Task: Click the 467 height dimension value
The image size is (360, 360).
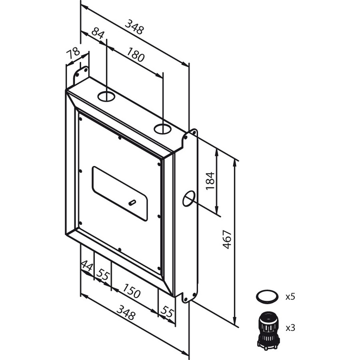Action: pos(227,239)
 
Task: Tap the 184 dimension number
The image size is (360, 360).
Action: pos(210,181)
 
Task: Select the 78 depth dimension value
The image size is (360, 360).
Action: pos(73,54)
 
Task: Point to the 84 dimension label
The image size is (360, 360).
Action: pos(98,33)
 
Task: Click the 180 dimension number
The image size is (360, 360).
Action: pos(136,55)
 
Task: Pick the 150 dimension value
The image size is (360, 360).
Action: pos(131,290)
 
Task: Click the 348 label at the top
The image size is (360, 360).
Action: pos(134,27)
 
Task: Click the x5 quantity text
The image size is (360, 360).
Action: pos(290,297)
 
